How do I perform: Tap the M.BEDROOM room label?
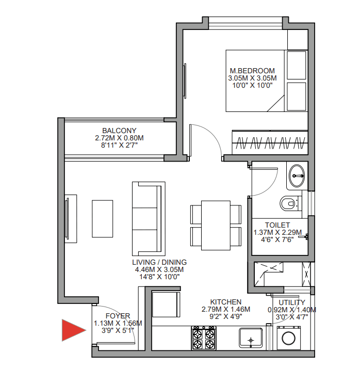click(x=252, y=71)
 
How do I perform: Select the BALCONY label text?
click(x=119, y=131)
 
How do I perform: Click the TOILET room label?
click(x=277, y=225)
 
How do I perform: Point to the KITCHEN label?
click(x=226, y=302)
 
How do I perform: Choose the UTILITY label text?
click(x=292, y=302)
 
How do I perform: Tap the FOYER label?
click(x=118, y=316)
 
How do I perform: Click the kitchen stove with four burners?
click(x=204, y=338)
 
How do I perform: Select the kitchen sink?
click(x=251, y=338)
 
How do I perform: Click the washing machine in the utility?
click(x=289, y=338)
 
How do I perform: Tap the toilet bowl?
click(x=289, y=203)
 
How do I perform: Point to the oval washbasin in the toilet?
click(x=297, y=176)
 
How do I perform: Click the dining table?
click(x=216, y=225)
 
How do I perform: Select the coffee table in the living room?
click(x=102, y=219)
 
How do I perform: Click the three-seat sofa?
click(x=149, y=219)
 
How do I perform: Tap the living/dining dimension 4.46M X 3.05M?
click(x=159, y=269)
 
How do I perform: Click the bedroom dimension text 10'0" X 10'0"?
click(x=252, y=85)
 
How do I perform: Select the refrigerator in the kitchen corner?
click(x=166, y=304)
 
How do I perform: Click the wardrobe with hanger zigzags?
click(x=270, y=142)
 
